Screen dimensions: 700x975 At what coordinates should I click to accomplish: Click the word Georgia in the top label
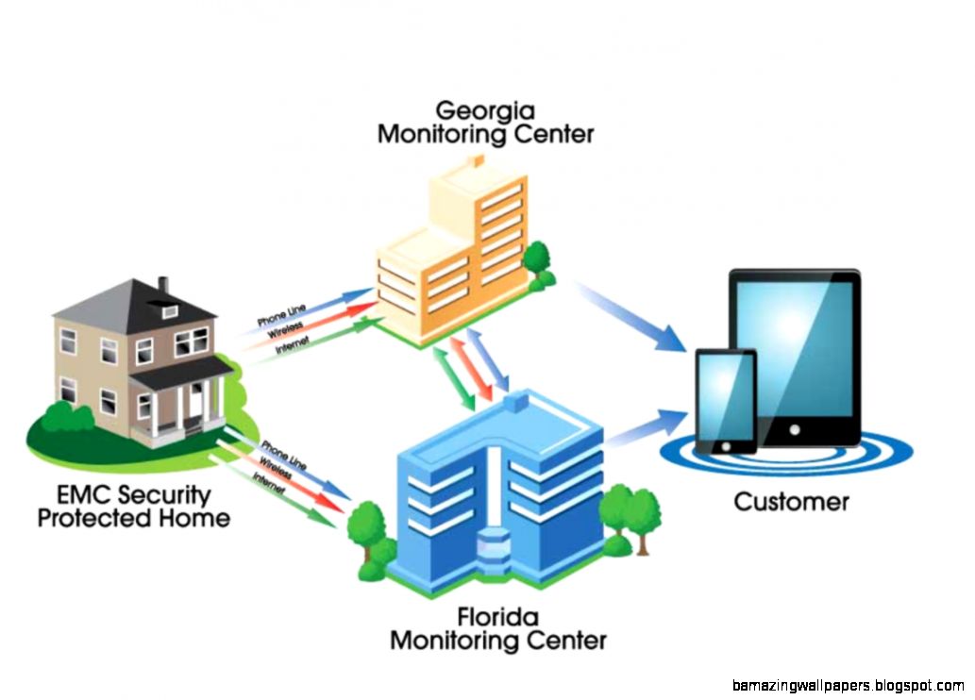pos(485,108)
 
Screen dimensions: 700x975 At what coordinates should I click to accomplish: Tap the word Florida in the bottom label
pos(497,618)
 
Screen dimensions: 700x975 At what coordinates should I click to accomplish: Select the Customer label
pos(791,501)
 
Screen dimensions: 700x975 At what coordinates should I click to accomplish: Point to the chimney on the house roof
pos(162,284)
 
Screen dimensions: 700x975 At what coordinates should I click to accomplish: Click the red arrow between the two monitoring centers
pos(471,370)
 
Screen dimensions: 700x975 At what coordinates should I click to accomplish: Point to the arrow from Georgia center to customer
pos(631,317)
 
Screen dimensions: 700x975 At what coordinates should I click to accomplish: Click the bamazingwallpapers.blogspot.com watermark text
pos(847,685)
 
